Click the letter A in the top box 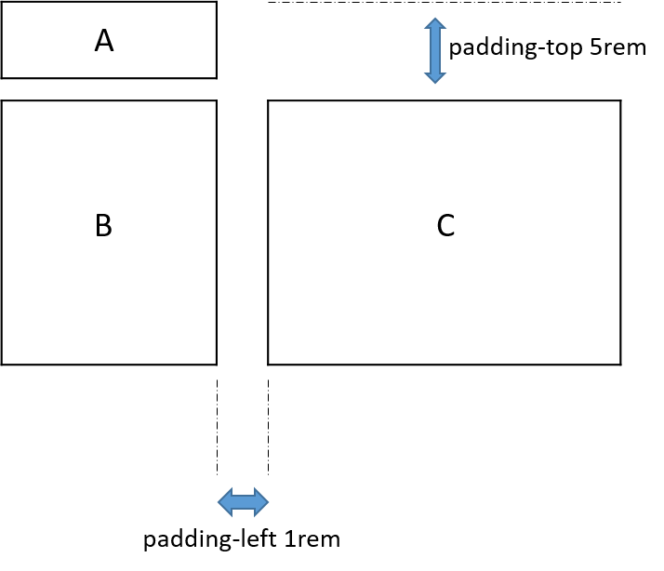(104, 41)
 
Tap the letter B (104, 225)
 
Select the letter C (445, 225)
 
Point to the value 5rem (617, 48)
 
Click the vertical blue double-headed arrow (434, 50)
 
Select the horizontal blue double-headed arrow (243, 503)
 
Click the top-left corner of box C (269, 100)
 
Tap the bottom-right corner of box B (216, 364)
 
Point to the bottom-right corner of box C (620, 364)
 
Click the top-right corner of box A (216, 2)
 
